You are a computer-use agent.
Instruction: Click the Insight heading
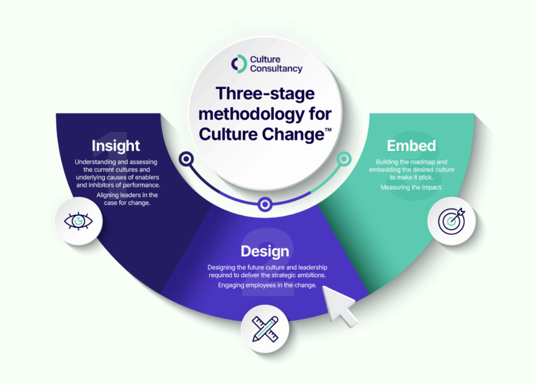[115, 146]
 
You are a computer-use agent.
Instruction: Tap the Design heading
[265, 251]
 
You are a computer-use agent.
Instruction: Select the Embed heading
[411, 146]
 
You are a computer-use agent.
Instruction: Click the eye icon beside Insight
[78, 221]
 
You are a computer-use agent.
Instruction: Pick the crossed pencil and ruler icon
[265, 329]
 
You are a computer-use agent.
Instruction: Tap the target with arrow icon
[451, 220]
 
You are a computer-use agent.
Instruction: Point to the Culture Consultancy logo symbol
[239, 64]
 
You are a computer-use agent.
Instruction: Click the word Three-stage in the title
[265, 94]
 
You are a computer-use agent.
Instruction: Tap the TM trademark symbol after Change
[328, 130]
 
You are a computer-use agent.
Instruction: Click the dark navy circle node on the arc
[187, 159]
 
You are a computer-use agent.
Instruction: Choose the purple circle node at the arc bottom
[265, 205]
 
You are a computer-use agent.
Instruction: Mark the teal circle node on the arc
[344, 159]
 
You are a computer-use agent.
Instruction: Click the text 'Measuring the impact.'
[412, 187]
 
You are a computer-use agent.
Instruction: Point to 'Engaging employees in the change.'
[267, 285]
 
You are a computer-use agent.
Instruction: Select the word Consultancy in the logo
[276, 68]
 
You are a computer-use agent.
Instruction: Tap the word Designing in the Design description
[222, 267]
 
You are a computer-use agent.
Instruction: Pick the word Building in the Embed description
[387, 162]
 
